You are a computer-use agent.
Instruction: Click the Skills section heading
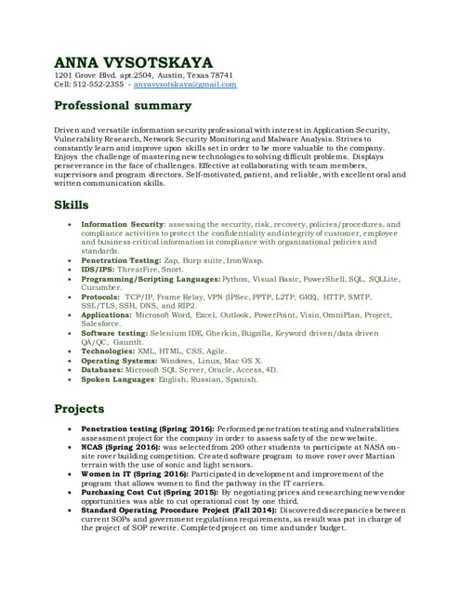(x=72, y=205)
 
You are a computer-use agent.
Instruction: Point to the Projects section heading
(x=79, y=408)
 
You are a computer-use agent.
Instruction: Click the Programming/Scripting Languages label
(x=151, y=279)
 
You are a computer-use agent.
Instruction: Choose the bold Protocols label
(x=105, y=297)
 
